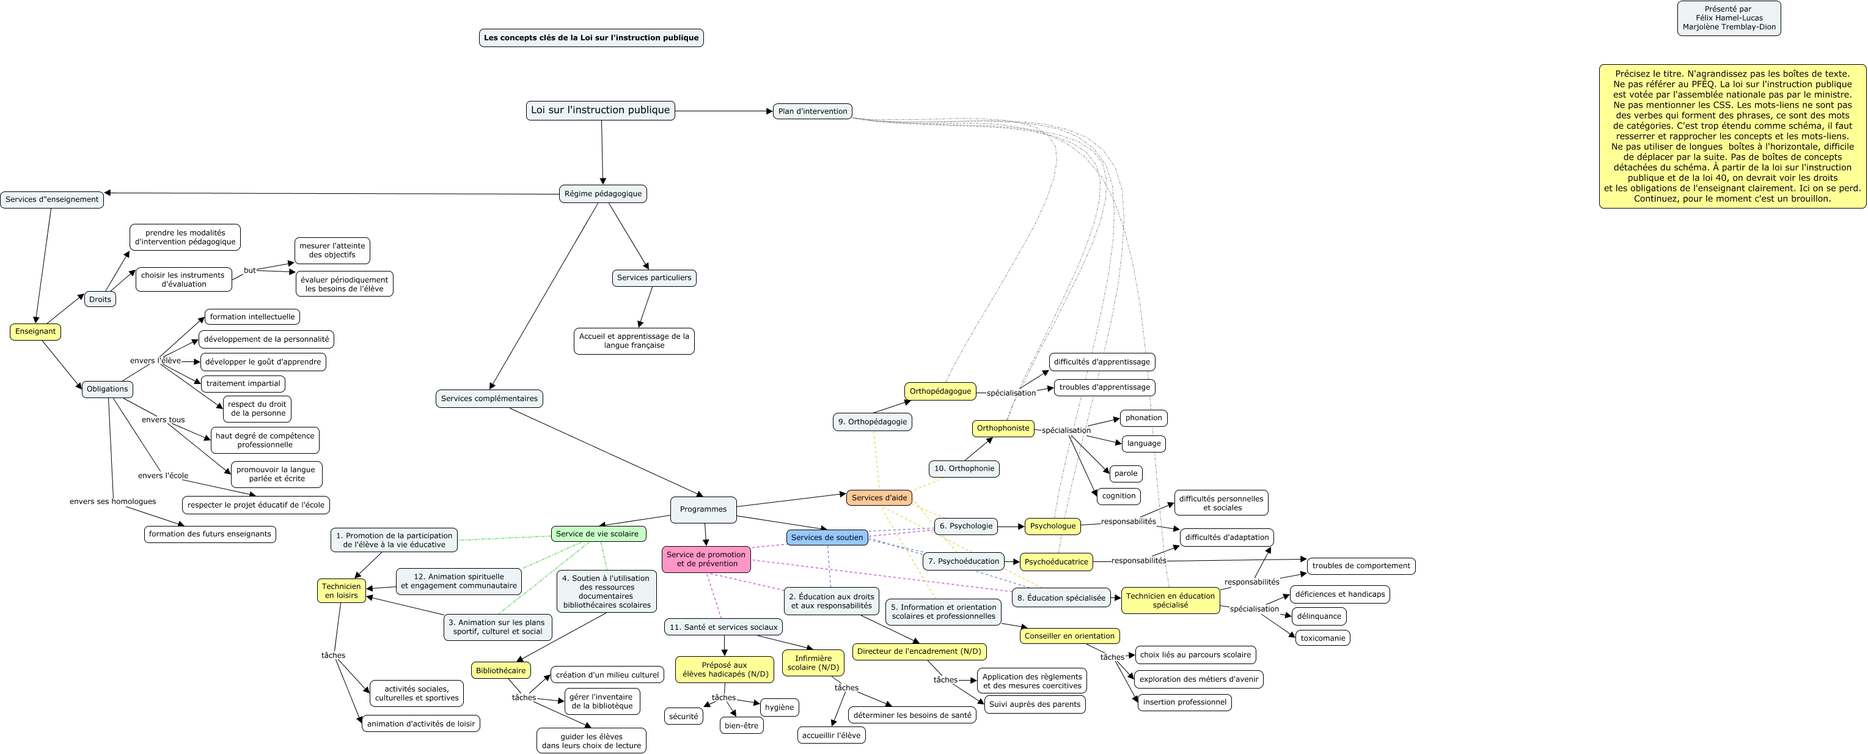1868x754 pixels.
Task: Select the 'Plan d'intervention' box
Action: pos(812,111)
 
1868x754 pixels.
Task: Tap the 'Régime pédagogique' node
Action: pos(603,194)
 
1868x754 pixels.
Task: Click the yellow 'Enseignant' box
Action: pos(35,331)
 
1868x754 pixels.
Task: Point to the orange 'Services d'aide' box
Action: pos(879,498)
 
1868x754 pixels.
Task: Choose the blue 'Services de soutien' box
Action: pos(827,538)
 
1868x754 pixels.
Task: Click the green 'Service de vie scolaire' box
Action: pos(598,534)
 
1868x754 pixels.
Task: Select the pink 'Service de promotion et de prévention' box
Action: pos(706,560)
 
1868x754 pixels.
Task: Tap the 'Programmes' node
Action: pos(703,509)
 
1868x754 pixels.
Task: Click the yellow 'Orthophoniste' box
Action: pos(1003,428)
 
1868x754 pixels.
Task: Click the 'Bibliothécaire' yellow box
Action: pos(500,671)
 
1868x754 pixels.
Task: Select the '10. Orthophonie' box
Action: pos(964,469)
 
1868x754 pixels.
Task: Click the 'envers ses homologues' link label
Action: pos(112,501)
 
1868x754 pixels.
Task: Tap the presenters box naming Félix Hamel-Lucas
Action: pos(1729,18)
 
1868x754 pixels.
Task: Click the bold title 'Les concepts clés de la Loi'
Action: pos(591,38)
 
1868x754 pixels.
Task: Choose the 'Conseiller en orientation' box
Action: pos(1069,636)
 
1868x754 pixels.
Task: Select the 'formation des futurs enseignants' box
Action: pos(210,534)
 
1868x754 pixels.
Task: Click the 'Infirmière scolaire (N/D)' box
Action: pos(813,662)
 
